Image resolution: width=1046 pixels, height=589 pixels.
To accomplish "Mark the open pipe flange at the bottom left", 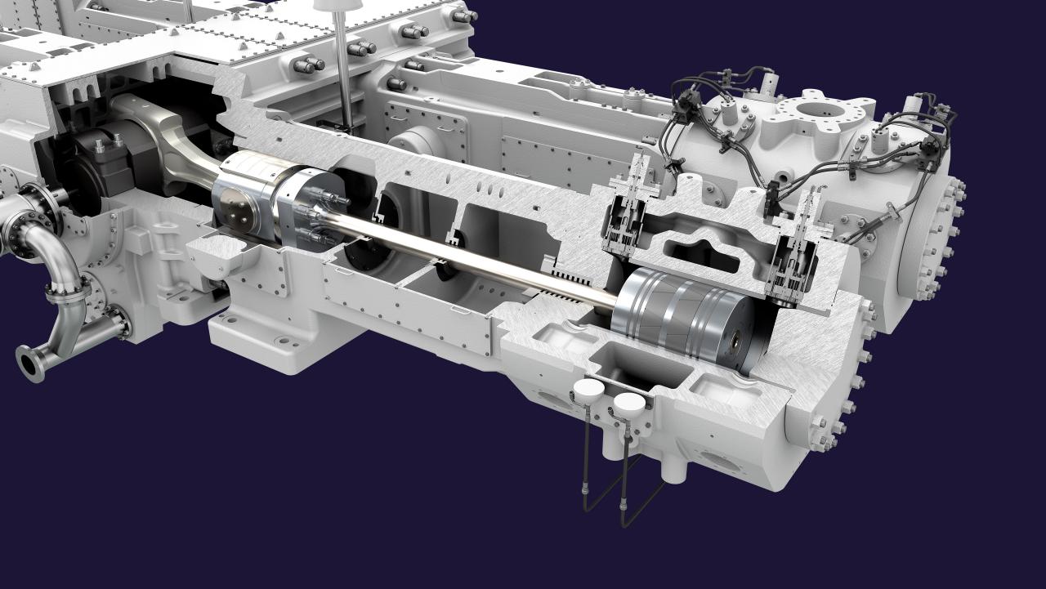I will pos(30,364).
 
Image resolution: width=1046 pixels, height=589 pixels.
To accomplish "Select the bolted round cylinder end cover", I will pos(928,237).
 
